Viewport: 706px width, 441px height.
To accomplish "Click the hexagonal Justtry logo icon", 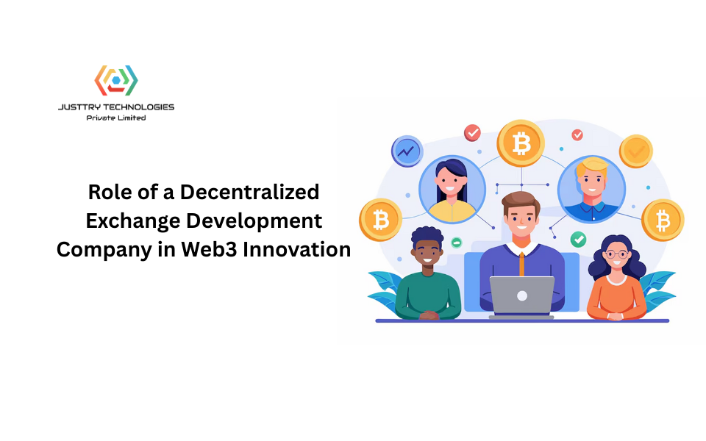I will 116,80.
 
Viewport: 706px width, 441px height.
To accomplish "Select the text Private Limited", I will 116,118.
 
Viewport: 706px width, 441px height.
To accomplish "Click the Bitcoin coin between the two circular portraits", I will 521,144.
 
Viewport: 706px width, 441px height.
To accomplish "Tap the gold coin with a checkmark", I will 635,151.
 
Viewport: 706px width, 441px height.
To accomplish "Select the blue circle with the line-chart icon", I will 406,151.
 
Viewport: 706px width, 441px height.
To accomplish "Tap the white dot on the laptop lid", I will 522,296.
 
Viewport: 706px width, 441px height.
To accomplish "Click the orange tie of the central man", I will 521,262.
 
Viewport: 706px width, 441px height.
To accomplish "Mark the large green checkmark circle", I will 579,239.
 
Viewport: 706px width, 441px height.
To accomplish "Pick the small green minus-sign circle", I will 456,242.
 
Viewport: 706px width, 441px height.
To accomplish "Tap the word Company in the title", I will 102,249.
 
